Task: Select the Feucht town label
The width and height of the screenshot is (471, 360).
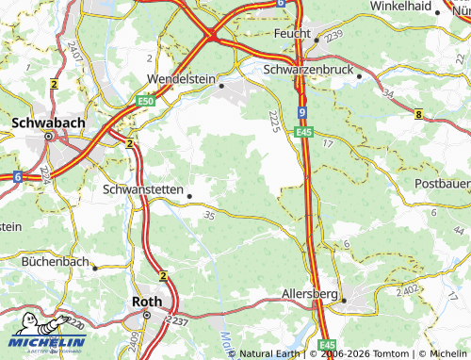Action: [293, 33]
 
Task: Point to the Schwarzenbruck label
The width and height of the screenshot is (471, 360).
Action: [308, 70]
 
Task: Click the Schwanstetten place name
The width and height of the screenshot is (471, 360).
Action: [142, 188]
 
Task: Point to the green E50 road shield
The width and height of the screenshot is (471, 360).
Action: [144, 101]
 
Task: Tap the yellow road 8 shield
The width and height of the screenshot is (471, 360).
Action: [418, 114]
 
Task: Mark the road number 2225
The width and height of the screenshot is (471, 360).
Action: [272, 122]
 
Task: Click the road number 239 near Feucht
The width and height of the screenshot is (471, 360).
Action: [337, 34]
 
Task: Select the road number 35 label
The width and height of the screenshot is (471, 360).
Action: [209, 216]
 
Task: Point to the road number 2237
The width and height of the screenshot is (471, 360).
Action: [177, 322]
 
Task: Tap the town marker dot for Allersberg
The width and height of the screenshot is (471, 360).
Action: [344, 301]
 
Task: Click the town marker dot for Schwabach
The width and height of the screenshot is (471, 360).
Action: [47, 138]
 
